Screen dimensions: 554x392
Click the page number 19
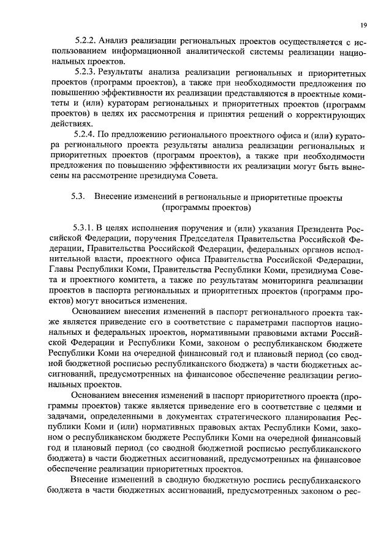pos(363,25)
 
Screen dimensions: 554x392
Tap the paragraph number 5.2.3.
pos(85,73)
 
